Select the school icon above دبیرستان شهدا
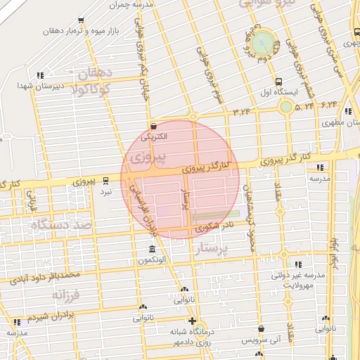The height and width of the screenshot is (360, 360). [40, 75]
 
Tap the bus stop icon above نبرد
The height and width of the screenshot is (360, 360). [105, 180]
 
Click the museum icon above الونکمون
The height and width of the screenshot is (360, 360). [153, 250]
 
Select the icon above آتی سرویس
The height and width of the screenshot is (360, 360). [262, 328]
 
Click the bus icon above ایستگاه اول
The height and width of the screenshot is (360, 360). [279, 82]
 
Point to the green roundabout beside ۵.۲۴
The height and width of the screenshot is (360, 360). [285, 106]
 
